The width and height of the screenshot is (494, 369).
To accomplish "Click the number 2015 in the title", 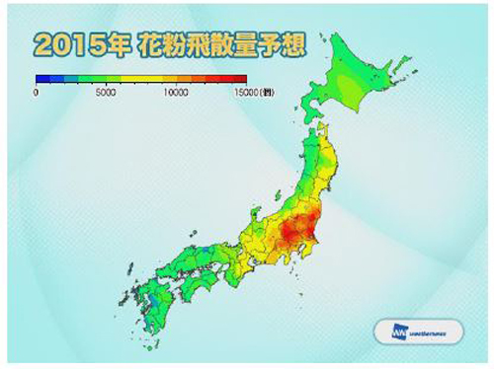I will pos(68,45).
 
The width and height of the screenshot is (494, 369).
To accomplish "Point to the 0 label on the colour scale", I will pos(36,91).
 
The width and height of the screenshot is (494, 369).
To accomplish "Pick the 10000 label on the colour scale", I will pos(176,91).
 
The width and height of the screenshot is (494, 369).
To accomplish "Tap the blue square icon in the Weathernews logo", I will pos(388,332).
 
